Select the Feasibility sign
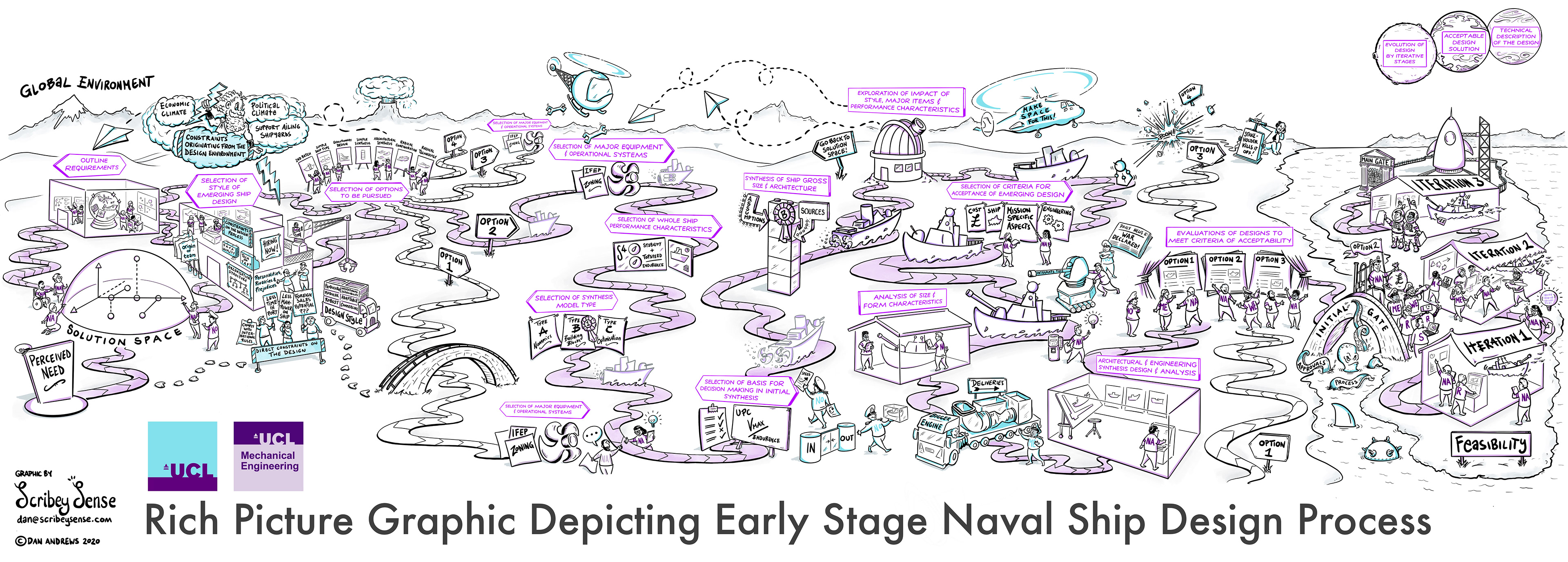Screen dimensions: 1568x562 pos(1490,444)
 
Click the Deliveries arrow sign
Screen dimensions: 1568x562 pos(987,384)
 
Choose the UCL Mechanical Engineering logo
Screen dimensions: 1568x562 pos(268,456)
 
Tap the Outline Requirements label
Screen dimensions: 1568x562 pos(91,165)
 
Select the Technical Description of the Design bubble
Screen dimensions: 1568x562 pos(1516,36)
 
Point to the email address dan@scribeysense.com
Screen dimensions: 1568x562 pos(65,520)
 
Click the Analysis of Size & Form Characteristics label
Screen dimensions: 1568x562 pos(902,299)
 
